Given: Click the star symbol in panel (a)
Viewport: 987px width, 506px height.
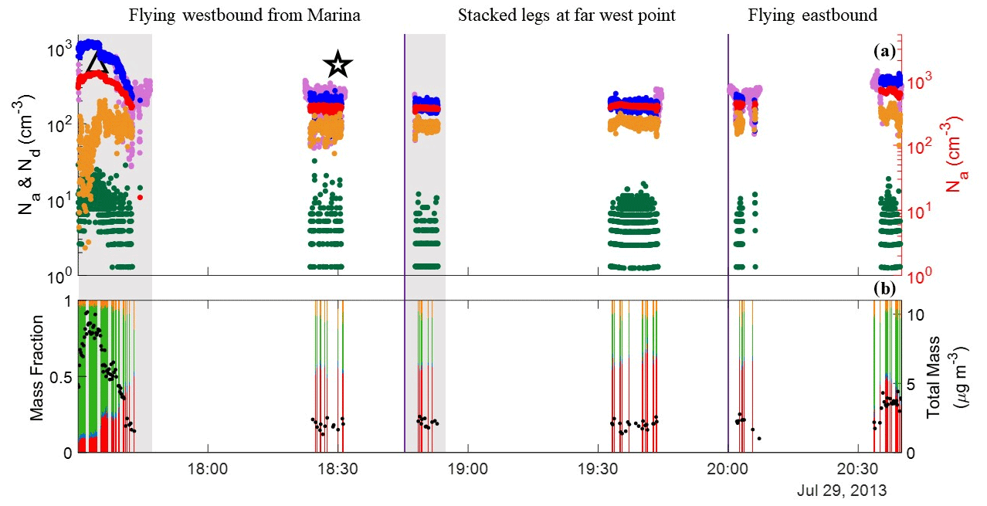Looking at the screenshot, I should pyautogui.click(x=337, y=65).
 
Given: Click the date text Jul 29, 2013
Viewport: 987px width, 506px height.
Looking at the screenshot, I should pyautogui.click(x=842, y=491).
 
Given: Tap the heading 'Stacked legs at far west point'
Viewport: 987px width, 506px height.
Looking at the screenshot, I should pyautogui.click(x=567, y=15).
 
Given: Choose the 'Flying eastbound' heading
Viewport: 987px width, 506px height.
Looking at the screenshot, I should pyautogui.click(x=812, y=15).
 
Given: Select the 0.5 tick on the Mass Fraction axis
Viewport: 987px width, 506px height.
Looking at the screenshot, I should pyautogui.click(x=62, y=376).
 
